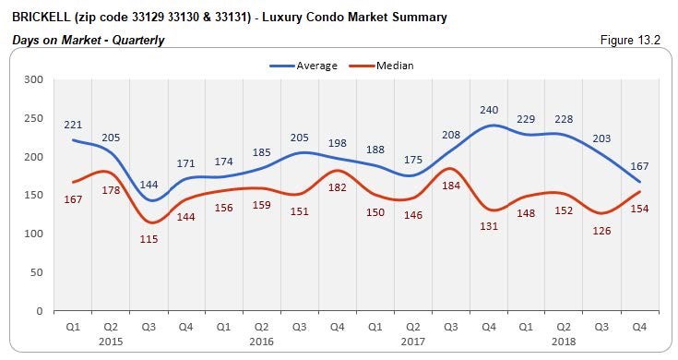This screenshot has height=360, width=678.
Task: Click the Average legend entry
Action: pyautogui.click(x=316, y=66)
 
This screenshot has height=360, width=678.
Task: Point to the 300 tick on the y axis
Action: pyautogui.click(x=34, y=79)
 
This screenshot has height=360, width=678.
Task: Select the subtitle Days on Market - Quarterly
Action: pyautogui.click(x=89, y=40)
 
